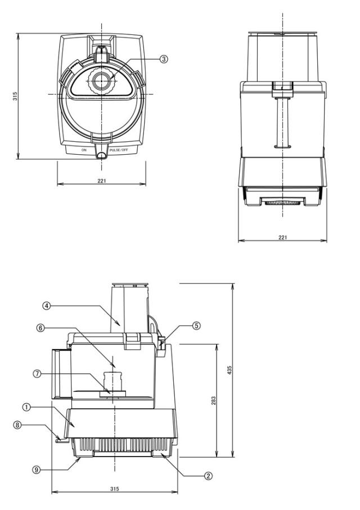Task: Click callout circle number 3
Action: pos(164,59)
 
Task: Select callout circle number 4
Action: pos(47,306)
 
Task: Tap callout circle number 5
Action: pos(196,325)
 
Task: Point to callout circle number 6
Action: pos(40,328)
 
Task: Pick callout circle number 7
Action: pos(37,374)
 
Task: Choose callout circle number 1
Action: pos(26,407)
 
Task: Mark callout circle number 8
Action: pos(17,425)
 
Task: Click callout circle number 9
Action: pos(37,469)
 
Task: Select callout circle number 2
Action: pos(208,476)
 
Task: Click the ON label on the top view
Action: pos(84,150)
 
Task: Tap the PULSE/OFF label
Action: pos(119,150)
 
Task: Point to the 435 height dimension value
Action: pos(229,370)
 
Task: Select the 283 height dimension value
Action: pos(213,400)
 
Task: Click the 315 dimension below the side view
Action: pos(114,489)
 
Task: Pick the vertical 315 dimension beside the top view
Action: pos(15,96)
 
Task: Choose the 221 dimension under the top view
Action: pos(102,181)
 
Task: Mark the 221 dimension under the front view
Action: pos(283,238)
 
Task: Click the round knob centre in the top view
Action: pos(101,81)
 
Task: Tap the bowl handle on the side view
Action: pos(61,373)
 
